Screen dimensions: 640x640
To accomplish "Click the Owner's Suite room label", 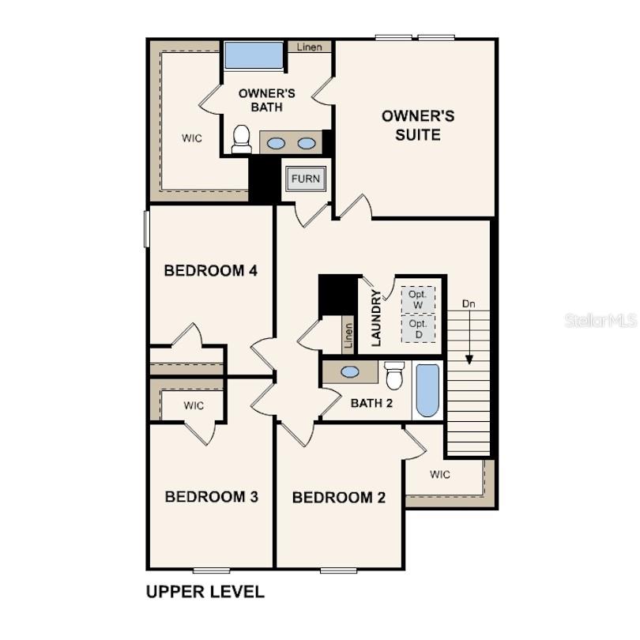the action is [x=418, y=126].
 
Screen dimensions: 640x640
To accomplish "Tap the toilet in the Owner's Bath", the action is [x=241, y=139].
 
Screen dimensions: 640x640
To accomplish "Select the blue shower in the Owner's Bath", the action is [x=254, y=55].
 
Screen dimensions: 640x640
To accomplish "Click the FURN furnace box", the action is [x=306, y=179].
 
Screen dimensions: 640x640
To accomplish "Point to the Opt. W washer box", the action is [x=418, y=299].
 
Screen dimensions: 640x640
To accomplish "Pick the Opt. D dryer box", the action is [x=418, y=329].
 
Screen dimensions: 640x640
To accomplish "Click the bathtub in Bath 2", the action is [x=427, y=390].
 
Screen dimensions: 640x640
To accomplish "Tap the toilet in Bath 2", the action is [x=394, y=375].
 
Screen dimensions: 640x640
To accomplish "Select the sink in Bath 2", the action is [x=350, y=372].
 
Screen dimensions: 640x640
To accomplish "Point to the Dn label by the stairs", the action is [x=469, y=303].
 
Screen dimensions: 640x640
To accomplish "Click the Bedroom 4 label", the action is [x=211, y=270].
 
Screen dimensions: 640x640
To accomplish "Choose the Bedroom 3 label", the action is [x=212, y=497].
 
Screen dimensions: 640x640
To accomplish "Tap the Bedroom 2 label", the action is [x=339, y=498].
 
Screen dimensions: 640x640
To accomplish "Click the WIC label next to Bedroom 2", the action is [x=440, y=474].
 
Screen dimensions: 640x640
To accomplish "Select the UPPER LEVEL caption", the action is [x=205, y=592].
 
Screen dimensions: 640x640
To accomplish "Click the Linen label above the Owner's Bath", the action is [x=310, y=47].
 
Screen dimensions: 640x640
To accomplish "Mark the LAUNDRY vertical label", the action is [x=376, y=318].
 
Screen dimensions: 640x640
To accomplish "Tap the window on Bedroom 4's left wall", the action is [x=146, y=228].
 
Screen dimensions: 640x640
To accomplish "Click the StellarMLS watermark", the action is [x=600, y=321].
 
